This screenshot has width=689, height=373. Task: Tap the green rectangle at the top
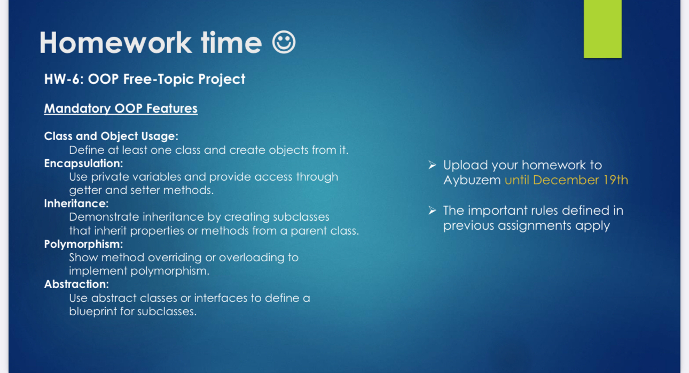point(602,29)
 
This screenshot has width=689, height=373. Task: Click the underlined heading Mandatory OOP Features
point(121,108)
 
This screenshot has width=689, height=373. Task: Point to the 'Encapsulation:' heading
point(83,163)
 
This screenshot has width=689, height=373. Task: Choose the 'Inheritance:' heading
point(76,204)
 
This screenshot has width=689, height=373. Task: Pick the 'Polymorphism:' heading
point(83,244)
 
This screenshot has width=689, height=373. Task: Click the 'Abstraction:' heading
point(76,284)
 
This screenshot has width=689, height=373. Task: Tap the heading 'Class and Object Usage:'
point(111,136)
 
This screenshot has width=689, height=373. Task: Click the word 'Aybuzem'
point(472,180)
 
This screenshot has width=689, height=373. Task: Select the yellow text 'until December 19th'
point(566,180)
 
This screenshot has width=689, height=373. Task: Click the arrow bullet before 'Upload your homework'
point(433,165)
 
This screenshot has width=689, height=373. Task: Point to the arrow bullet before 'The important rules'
point(433,211)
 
